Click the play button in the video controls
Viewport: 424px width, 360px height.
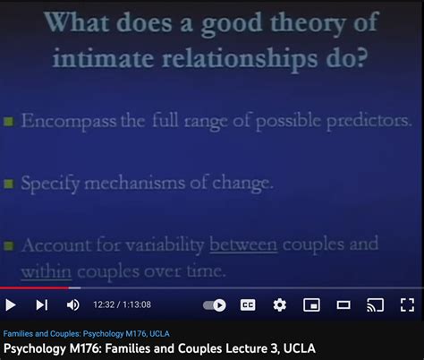click(x=11, y=305)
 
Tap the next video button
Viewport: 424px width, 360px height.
click(x=42, y=305)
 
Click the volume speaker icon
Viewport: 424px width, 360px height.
click(x=72, y=305)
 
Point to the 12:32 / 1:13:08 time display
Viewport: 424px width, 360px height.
click(x=122, y=305)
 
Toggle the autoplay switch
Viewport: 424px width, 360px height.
click(x=215, y=305)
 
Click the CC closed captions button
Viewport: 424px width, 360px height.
click(x=248, y=305)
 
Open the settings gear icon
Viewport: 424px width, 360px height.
click(x=280, y=305)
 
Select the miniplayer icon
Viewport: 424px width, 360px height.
click(x=311, y=305)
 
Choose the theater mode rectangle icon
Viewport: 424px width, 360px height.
click(x=343, y=305)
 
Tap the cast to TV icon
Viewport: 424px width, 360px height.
click(x=376, y=305)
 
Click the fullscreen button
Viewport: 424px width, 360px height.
click(x=407, y=305)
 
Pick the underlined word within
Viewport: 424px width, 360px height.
click(x=46, y=270)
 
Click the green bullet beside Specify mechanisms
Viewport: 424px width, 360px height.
click(x=7, y=183)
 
